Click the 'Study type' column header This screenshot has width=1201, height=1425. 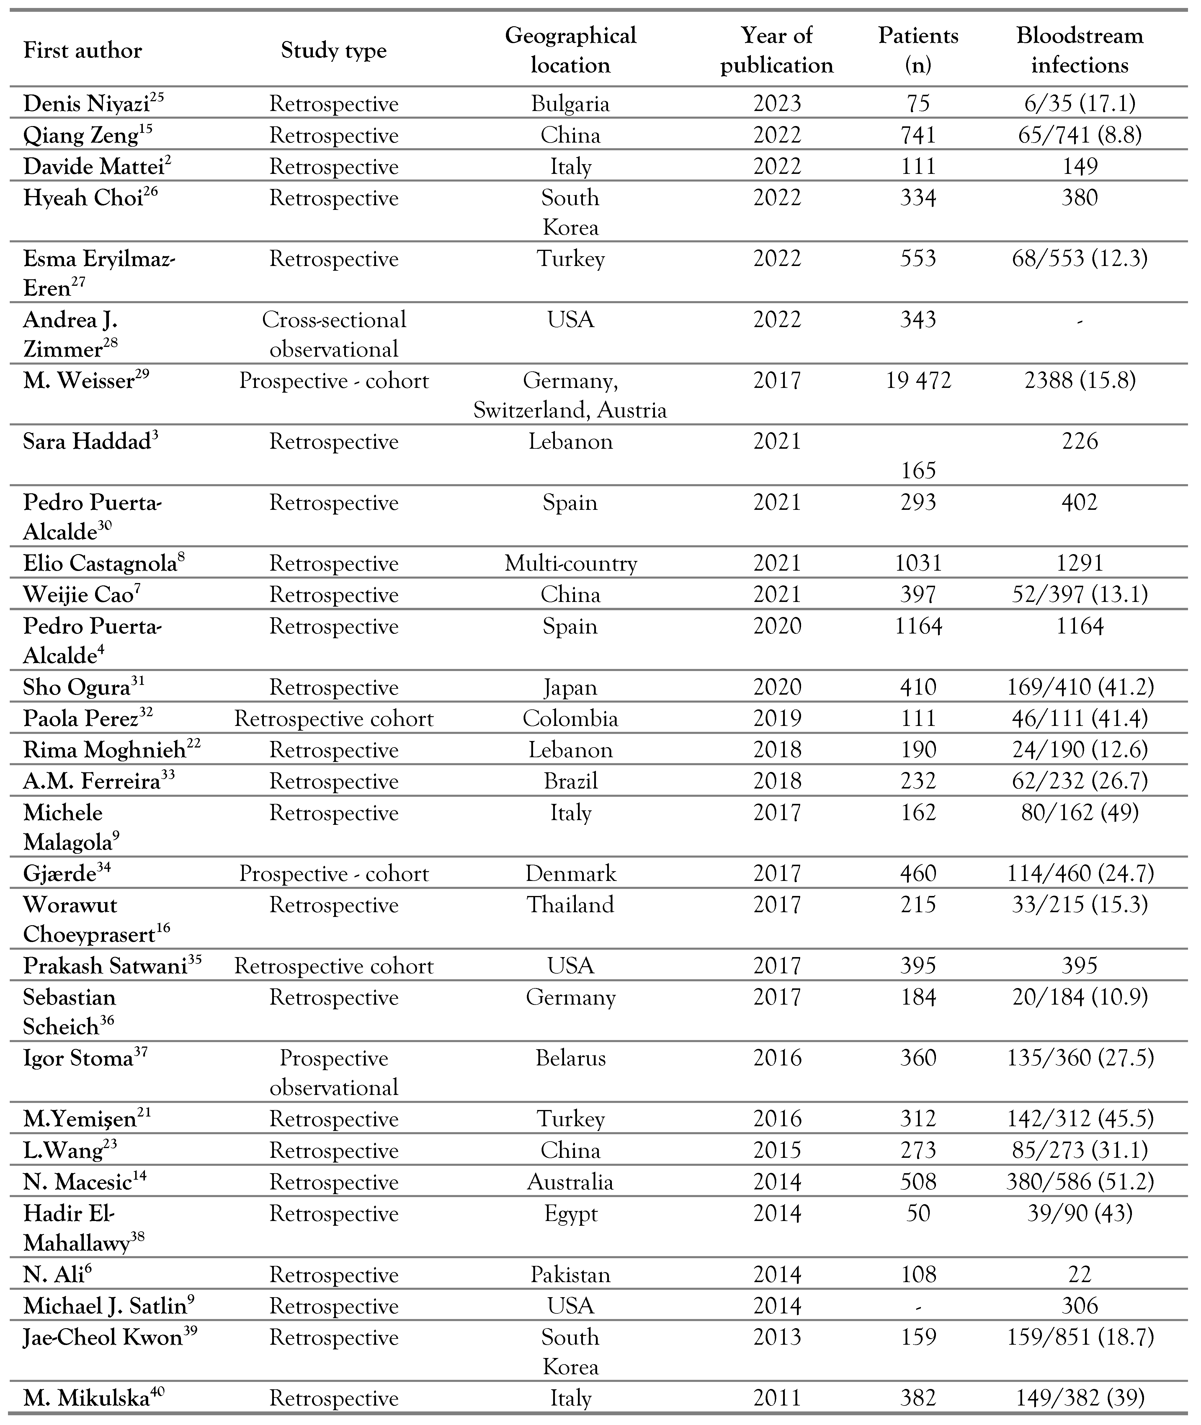(334, 50)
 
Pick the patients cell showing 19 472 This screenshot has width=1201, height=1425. (918, 380)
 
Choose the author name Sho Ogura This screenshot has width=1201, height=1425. (76, 687)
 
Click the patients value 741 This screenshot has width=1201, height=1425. (918, 135)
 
